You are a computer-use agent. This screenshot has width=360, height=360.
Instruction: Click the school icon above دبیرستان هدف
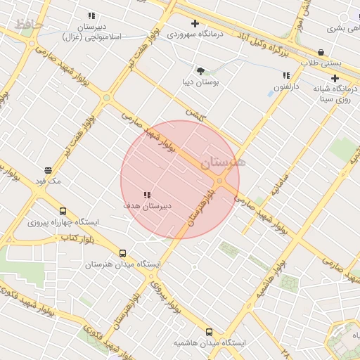[x=146, y=195]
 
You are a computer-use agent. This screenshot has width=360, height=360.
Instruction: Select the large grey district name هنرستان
[x=223, y=162]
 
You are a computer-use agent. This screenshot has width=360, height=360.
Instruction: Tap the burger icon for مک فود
[x=49, y=170]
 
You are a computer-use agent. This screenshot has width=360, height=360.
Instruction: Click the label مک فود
[x=49, y=181]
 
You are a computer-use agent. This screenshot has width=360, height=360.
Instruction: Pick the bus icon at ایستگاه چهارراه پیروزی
[x=63, y=211]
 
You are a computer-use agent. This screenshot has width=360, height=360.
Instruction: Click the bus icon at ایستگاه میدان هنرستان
[x=123, y=253]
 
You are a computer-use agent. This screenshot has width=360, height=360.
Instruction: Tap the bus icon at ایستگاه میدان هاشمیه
[x=209, y=332]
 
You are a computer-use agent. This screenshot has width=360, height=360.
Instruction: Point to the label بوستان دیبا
[x=201, y=82]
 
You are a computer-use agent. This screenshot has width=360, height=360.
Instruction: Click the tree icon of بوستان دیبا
[x=201, y=70]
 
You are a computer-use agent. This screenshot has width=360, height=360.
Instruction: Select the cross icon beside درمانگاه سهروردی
[x=195, y=23]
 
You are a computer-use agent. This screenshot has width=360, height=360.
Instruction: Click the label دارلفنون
[x=286, y=88]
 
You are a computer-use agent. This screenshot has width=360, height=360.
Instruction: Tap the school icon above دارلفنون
[x=286, y=75]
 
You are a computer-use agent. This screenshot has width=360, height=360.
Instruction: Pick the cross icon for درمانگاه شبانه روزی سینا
[x=335, y=79]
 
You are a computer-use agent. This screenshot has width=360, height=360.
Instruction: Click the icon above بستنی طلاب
[x=321, y=51]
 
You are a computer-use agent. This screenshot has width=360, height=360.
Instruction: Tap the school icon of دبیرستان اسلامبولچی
[x=91, y=15]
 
